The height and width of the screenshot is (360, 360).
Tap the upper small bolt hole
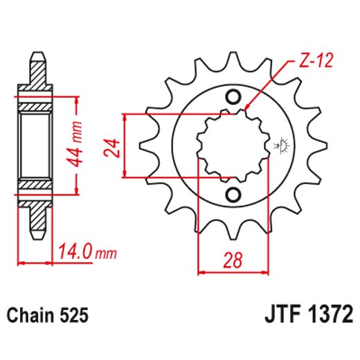click(233, 96)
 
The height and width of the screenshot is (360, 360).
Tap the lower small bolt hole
click(233, 195)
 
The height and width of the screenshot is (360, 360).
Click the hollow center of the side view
click(35, 145)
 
